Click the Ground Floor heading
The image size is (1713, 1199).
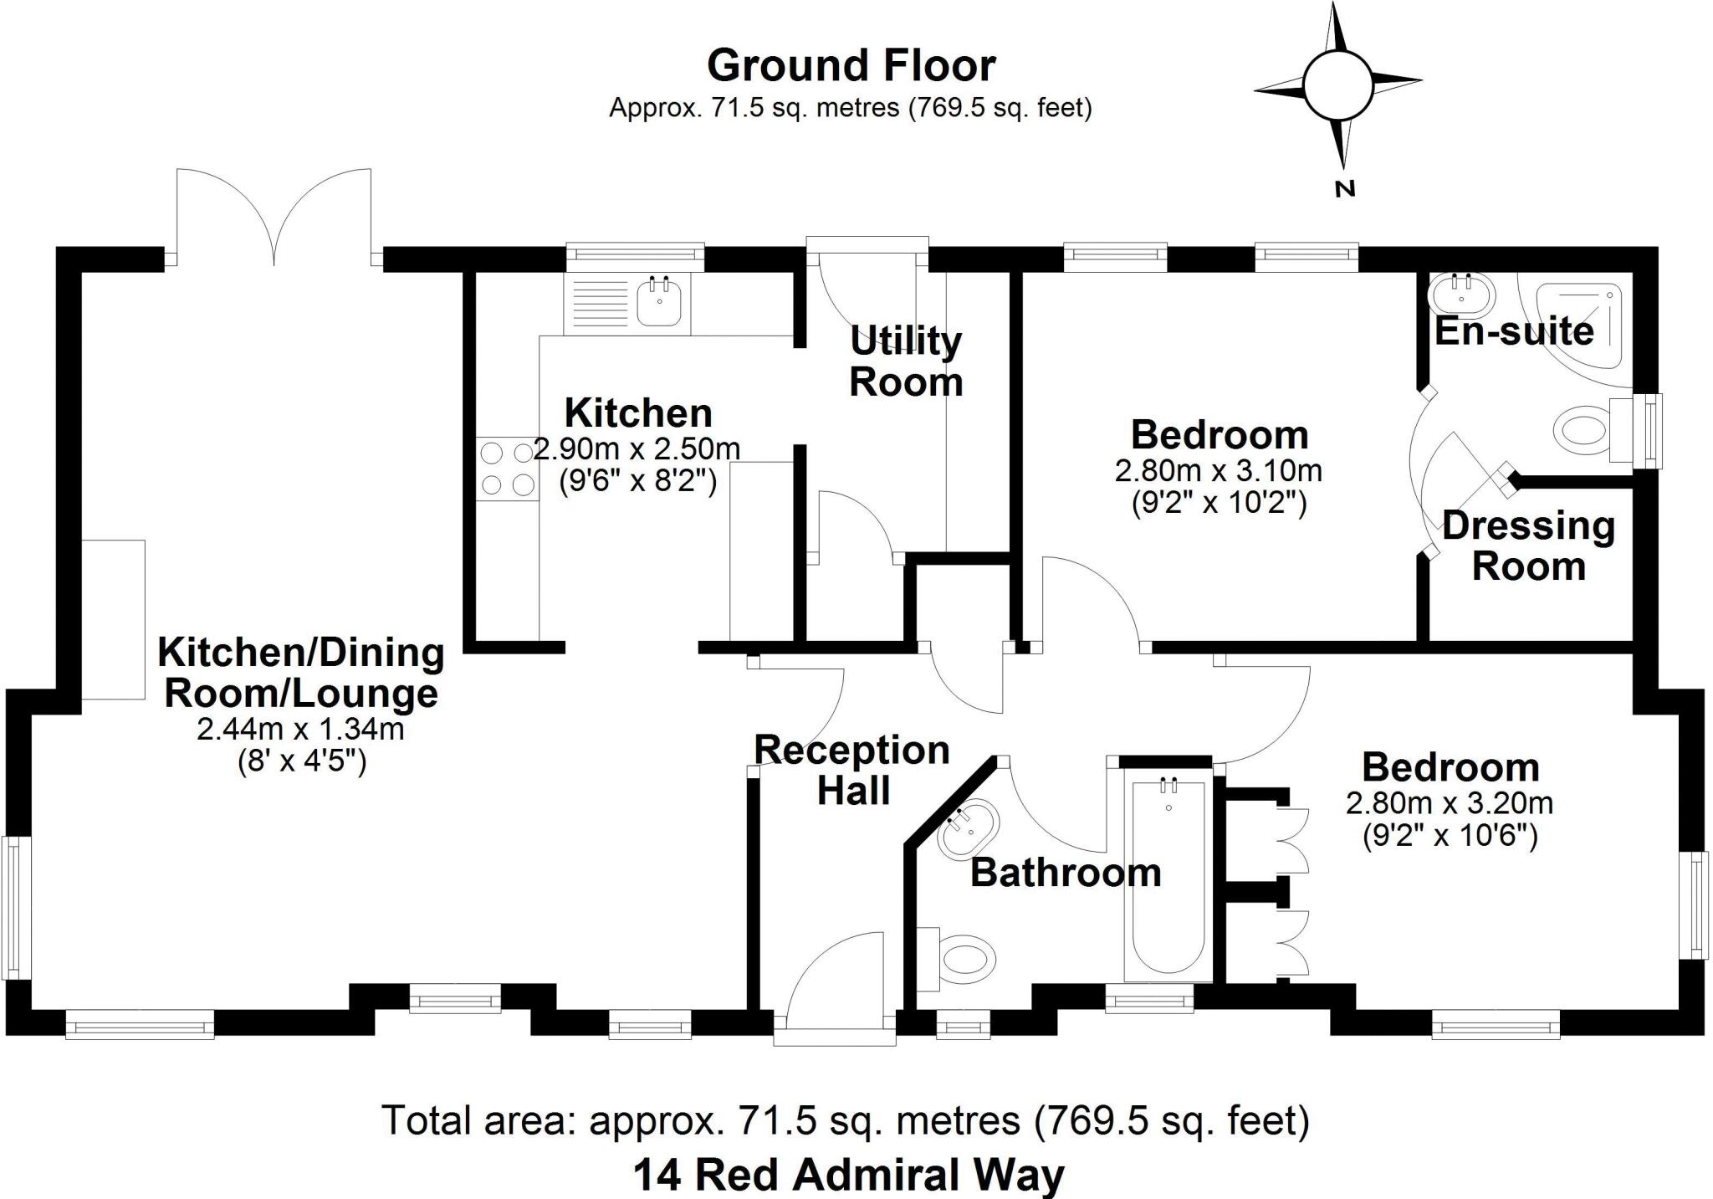click(x=851, y=66)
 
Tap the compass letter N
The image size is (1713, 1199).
click(x=1343, y=189)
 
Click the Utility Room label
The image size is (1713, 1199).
click(x=906, y=361)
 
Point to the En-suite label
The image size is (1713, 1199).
click(x=1514, y=331)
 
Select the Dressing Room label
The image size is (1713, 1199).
click(x=1528, y=546)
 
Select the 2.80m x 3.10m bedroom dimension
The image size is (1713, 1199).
click(x=1218, y=471)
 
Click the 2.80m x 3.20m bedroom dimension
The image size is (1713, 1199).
click(x=1449, y=803)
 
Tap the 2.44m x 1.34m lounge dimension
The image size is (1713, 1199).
click(x=300, y=729)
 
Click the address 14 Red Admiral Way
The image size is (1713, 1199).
click(x=848, y=1175)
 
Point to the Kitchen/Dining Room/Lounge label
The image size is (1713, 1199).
click(x=300, y=673)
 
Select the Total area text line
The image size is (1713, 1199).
click(x=845, y=1120)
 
